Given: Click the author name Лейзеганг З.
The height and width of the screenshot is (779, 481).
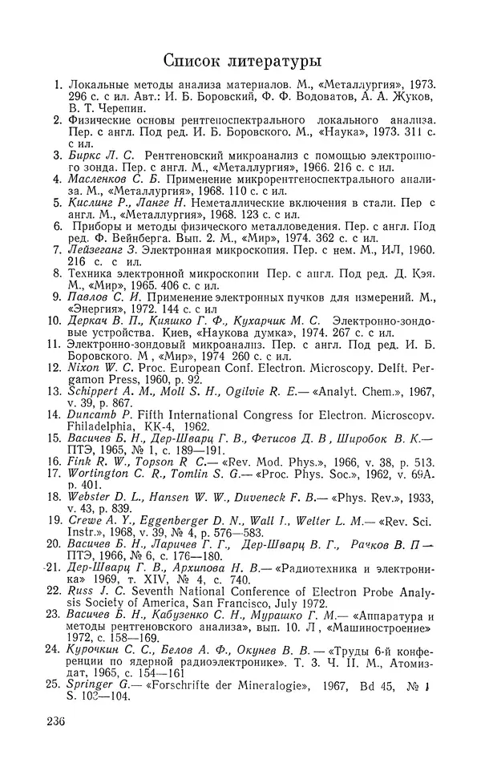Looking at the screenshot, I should click(x=103, y=249).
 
